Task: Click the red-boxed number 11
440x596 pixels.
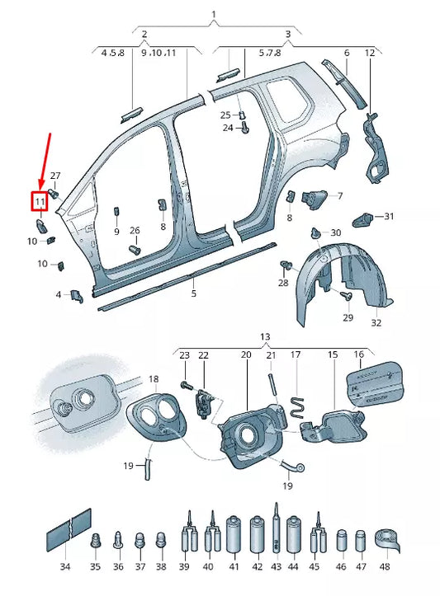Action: click(x=39, y=200)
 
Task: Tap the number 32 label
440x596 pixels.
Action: click(x=376, y=323)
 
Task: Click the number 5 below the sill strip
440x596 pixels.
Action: click(x=194, y=293)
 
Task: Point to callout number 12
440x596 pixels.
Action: click(x=370, y=53)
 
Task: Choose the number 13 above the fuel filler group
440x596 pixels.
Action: click(x=264, y=337)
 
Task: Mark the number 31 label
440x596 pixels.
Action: click(x=389, y=217)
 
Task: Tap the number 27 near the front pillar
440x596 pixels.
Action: click(x=55, y=176)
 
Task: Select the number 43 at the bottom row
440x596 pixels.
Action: click(x=276, y=568)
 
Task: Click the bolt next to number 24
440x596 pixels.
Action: click(x=243, y=128)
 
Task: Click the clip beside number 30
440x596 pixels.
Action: click(x=317, y=233)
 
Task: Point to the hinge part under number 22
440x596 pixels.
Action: click(x=203, y=403)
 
